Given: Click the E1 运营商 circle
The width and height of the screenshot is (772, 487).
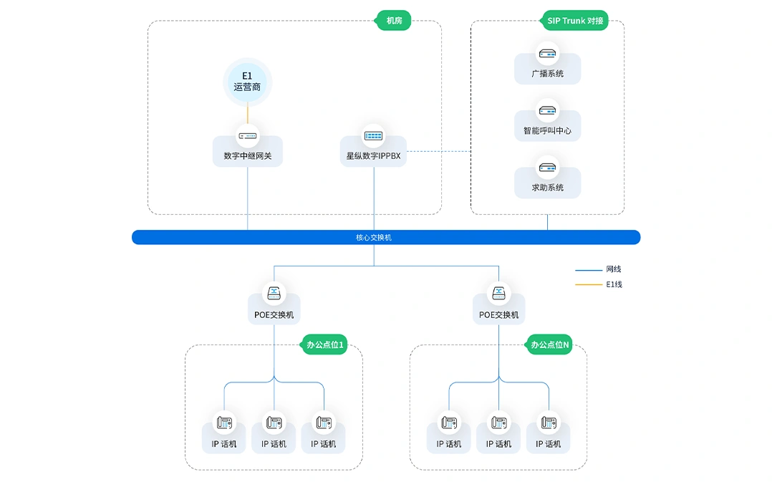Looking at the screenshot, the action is coord(247,82).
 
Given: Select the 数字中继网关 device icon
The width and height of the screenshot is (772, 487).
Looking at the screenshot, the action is coord(248,136).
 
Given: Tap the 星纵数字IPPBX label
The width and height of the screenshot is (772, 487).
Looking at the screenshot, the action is coord(373,156).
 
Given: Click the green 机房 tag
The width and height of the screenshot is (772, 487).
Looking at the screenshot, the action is coord(394,21).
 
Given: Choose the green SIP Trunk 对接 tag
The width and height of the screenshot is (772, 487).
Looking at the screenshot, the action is coord(575,21).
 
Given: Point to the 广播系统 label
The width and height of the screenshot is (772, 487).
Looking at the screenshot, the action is coord(547,74).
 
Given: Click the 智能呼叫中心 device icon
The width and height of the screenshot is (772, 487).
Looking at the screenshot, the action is coord(547,111).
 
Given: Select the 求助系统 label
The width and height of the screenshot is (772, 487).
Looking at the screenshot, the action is coord(547,188).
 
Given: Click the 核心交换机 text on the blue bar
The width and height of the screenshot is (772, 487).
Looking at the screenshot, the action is coord(374,238).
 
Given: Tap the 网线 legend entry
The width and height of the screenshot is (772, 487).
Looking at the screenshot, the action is coord(598,269).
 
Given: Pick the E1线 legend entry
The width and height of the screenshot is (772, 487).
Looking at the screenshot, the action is coord(598,284).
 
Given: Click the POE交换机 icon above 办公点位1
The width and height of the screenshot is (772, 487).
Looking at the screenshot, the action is coord(274,294).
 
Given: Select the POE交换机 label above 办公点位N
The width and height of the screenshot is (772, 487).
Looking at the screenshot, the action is coord(498,315).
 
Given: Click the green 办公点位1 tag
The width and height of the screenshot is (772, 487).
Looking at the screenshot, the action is coord(324,344).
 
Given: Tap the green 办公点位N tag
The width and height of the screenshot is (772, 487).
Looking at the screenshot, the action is coord(549,344).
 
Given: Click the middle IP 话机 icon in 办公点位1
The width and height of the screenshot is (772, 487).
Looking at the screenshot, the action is coord(274,423).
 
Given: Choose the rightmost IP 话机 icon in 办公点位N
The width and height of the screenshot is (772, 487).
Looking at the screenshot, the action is coord(549,423).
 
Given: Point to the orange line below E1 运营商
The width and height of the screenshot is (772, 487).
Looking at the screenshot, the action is coord(248,115).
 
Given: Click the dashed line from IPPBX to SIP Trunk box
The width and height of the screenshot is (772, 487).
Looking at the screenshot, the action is coord(439,151).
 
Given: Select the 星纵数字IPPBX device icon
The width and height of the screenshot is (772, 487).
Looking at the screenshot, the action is coord(374,136).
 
